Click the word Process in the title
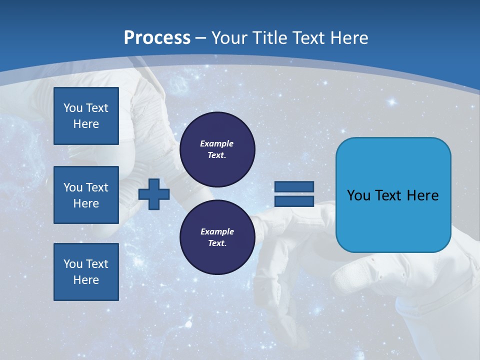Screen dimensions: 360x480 click(x=157, y=38)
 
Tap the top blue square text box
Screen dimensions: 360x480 click(x=86, y=116)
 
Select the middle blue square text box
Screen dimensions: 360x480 click(x=86, y=195)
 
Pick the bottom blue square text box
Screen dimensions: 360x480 click(x=86, y=272)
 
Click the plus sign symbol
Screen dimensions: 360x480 click(x=154, y=194)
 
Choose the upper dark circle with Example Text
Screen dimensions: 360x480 click(x=217, y=149)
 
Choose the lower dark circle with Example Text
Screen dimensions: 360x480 click(x=217, y=237)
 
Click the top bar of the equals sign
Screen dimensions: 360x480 click(x=294, y=186)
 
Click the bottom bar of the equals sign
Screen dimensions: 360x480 click(x=294, y=201)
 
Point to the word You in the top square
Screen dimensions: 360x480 click(x=73, y=108)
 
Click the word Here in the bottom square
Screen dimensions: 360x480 click(x=86, y=280)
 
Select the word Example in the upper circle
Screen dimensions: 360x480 click(x=217, y=143)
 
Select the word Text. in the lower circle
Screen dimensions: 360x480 click(x=217, y=243)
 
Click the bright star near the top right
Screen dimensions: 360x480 click(x=392, y=102)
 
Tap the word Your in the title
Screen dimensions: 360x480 click(x=228, y=38)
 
